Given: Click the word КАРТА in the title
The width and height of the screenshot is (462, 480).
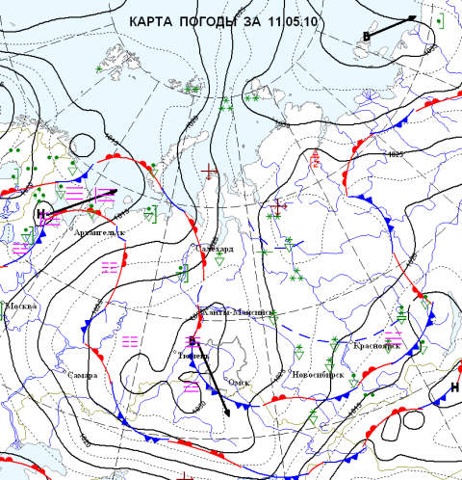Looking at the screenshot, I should coord(162,21).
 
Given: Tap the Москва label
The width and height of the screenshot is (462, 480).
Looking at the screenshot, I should coord(20,306).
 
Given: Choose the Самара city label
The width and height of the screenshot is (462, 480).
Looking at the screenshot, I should coord(82,375).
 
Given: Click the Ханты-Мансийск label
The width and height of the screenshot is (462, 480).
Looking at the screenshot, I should coord(238,312).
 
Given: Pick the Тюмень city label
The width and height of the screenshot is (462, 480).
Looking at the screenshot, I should coord(193,355).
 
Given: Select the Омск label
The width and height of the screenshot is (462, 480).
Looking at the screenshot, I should coord(239,382).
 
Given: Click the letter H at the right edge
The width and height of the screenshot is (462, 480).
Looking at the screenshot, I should coord(453,387).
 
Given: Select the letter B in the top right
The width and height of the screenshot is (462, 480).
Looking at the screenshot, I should coord(367,36).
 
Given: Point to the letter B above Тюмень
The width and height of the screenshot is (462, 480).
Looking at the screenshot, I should coord(192,340).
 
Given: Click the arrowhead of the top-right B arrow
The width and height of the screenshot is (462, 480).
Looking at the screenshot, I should coord(414,17).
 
